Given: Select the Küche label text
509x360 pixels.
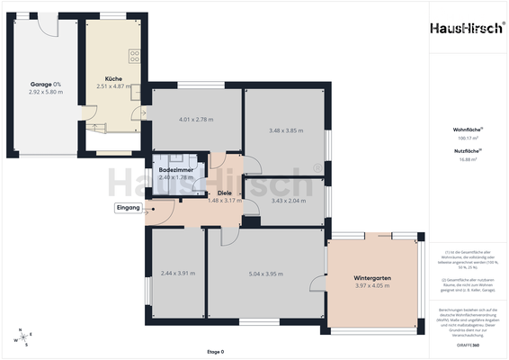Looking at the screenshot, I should tap(112, 78).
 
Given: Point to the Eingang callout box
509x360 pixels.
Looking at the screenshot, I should tap(129, 208).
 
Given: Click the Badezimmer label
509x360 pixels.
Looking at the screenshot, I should tap(175, 169).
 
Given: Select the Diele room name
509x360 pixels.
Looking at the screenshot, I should tap(225, 193).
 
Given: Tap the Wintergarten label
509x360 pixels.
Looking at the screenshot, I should tap(373, 279).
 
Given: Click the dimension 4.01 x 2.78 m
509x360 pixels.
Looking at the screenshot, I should tap(196, 120).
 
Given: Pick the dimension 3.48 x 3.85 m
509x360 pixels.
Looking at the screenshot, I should tap(288, 130).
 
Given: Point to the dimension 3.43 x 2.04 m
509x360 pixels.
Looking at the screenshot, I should tap(288, 201).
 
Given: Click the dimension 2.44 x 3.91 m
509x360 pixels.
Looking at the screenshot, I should tap(177, 273).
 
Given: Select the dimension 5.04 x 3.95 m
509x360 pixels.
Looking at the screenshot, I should tap(267, 273).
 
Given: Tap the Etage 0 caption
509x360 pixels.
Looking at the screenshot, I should tap(215, 352).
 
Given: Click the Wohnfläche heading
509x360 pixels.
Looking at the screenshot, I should tap(465, 130).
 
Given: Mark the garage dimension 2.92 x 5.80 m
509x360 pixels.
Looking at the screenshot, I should tap(46, 92).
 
